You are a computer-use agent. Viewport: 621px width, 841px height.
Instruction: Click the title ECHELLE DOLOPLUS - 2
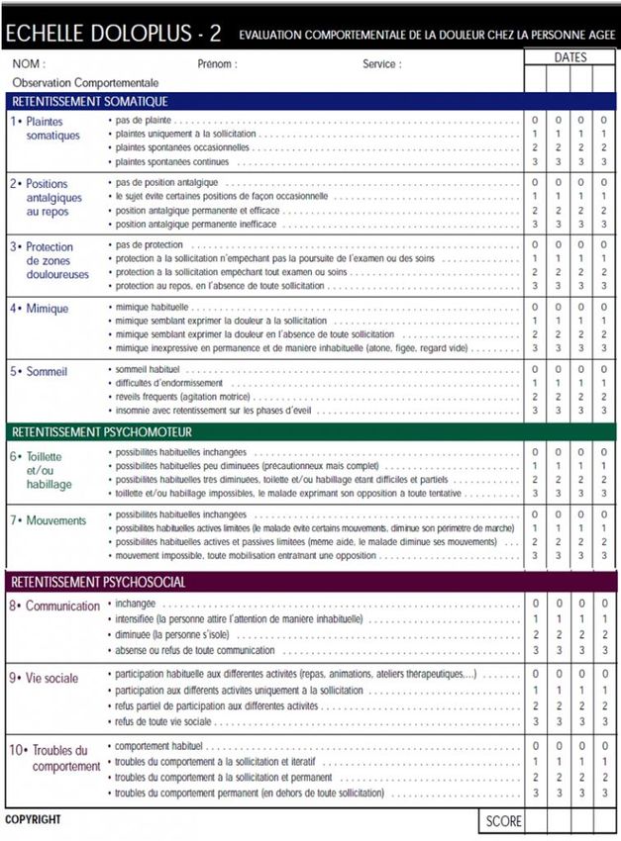[x=113, y=35]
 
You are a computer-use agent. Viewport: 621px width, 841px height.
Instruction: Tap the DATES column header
[x=569, y=57]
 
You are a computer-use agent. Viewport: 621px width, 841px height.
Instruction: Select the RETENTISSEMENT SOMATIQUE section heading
[x=89, y=101]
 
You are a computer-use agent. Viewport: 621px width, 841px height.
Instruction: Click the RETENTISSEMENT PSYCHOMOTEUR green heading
[x=100, y=432]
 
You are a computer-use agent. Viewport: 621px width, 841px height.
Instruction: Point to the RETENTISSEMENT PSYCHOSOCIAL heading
[x=97, y=582]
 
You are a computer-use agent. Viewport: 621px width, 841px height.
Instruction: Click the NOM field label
[x=29, y=64]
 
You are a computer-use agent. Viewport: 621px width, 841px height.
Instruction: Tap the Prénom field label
[x=217, y=64]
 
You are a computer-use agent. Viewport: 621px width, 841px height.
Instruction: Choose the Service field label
[x=381, y=64]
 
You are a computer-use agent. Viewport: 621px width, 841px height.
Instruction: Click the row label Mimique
[x=47, y=309]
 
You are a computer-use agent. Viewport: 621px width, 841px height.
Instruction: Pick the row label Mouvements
[x=55, y=520]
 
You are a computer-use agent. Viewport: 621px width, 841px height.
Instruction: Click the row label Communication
[x=62, y=606]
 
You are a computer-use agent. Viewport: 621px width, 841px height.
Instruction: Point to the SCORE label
[x=503, y=821]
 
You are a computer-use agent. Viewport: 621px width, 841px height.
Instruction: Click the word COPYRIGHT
[x=33, y=819]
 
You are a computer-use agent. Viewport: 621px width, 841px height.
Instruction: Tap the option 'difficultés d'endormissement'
[x=169, y=383]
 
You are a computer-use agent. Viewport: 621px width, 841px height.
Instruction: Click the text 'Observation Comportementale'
[x=85, y=83]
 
